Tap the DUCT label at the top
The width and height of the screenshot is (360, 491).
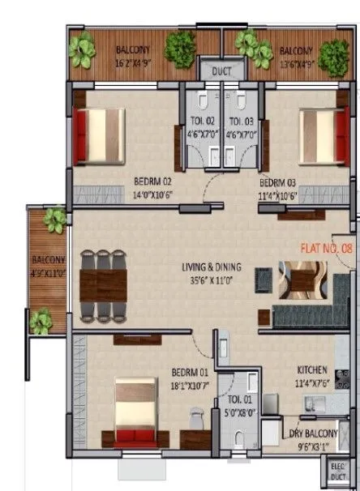click(x=221, y=71)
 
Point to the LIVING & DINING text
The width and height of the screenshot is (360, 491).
click(x=213, y=265)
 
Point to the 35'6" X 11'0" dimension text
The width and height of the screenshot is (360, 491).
click(x=213, y=277)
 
